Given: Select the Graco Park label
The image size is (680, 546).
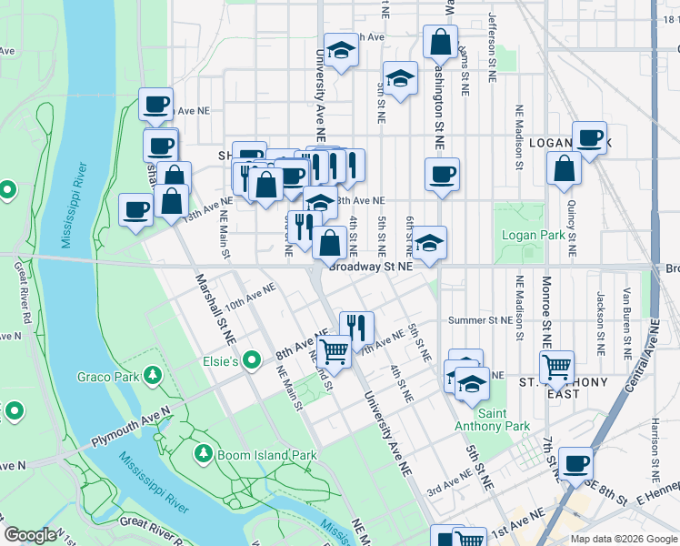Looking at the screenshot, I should pos(107,376).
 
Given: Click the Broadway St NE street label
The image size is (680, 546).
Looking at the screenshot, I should pos(371,267).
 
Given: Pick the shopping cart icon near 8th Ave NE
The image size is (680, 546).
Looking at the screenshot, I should pos(335,349).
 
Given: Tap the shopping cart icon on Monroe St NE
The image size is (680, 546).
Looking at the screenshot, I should pos(556,367).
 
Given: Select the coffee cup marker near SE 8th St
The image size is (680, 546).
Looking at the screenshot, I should pos(575,463).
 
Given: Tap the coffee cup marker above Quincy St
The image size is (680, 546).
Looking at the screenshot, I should pos(589,137).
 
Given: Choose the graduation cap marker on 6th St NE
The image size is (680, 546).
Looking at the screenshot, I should pos(429,241).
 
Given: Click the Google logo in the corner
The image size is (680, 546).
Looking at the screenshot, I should pos(30,536).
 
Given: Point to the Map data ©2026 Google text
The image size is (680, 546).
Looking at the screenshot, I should pos(624,539).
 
